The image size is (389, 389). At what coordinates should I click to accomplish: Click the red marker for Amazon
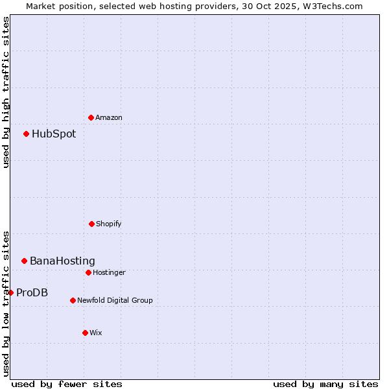pyautogui.click(x=91, y=117)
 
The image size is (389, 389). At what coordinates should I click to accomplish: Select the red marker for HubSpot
pyautogui.click(x=26, y=134)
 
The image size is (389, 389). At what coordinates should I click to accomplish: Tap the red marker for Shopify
pyautogui.click(x=91, y=224)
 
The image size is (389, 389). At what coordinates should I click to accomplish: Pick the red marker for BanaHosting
pyautogui.click(x=24, y=261)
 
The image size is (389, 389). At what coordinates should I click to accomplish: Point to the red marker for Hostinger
pyautogui.click(x=88, y=272)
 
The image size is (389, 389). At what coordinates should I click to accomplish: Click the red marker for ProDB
pyautogui.click(x=10, y=292)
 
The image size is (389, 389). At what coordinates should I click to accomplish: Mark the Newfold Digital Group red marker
pyautogui.click(x=73, y=300)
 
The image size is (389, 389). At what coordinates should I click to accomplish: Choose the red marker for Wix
pyautogui.click(x=85, y=333)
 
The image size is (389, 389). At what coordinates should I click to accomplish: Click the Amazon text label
pyautogui.click(x=109, y=117)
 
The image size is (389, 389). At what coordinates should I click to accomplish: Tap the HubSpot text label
pyautogui.click(x=54, y=134)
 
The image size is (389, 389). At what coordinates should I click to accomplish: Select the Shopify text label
pyautogui.click(x=109, y=224)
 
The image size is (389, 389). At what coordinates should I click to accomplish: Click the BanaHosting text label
pyautogui.click(x=62, y=261)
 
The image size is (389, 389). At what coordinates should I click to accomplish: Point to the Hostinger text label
pyautogui.click(x=109, y=272)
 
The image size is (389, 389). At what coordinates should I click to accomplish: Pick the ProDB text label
pyautogui.click(x=32, y=292)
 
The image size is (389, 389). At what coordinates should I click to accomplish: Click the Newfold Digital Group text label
pyautogui.click(x=115, y=300)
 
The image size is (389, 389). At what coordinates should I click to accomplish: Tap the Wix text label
pyautogui.click(x=96, y=333)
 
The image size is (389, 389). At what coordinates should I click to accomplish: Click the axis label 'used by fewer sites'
pyautogui.click(x=67, y=384)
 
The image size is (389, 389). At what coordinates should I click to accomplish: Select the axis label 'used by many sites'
pyautogui.click(x=325, y=384)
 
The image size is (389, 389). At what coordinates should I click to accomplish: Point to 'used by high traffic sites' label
pyautogui.click(x=6, y=92)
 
